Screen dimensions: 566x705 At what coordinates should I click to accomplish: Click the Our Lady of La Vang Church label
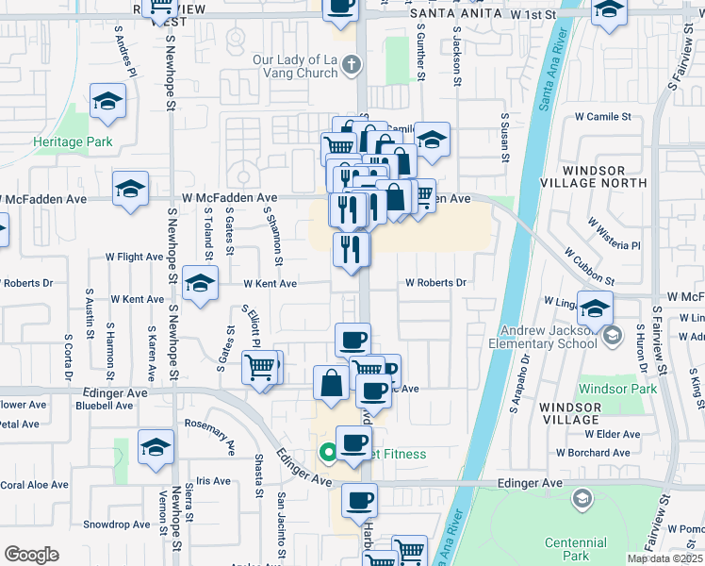pyautogui.click(x=295, y=66)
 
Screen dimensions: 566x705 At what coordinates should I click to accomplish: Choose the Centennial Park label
pyautogui.click(x=576, y=549)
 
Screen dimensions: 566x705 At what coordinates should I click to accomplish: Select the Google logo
pyautogui.click(x=31, y=555)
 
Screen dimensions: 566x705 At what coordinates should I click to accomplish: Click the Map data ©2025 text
pyautogui.click(x=664, y=558)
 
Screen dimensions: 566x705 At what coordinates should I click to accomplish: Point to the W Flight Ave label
pyautogui.click(x=134, y=256)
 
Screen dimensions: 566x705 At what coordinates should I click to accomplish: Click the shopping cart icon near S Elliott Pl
pyautogui.click(x=259, y=367)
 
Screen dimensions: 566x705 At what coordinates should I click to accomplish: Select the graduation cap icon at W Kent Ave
pyautogui.click(x=199, y=285)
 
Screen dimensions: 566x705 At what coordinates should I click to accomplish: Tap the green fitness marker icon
pyautogui.click(x=328, y=454)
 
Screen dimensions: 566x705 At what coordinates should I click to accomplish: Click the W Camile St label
pyautogui.click(x=603, y=117)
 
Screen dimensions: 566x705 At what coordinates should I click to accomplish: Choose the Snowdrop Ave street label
pyautogui.click(x=116, y=524)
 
